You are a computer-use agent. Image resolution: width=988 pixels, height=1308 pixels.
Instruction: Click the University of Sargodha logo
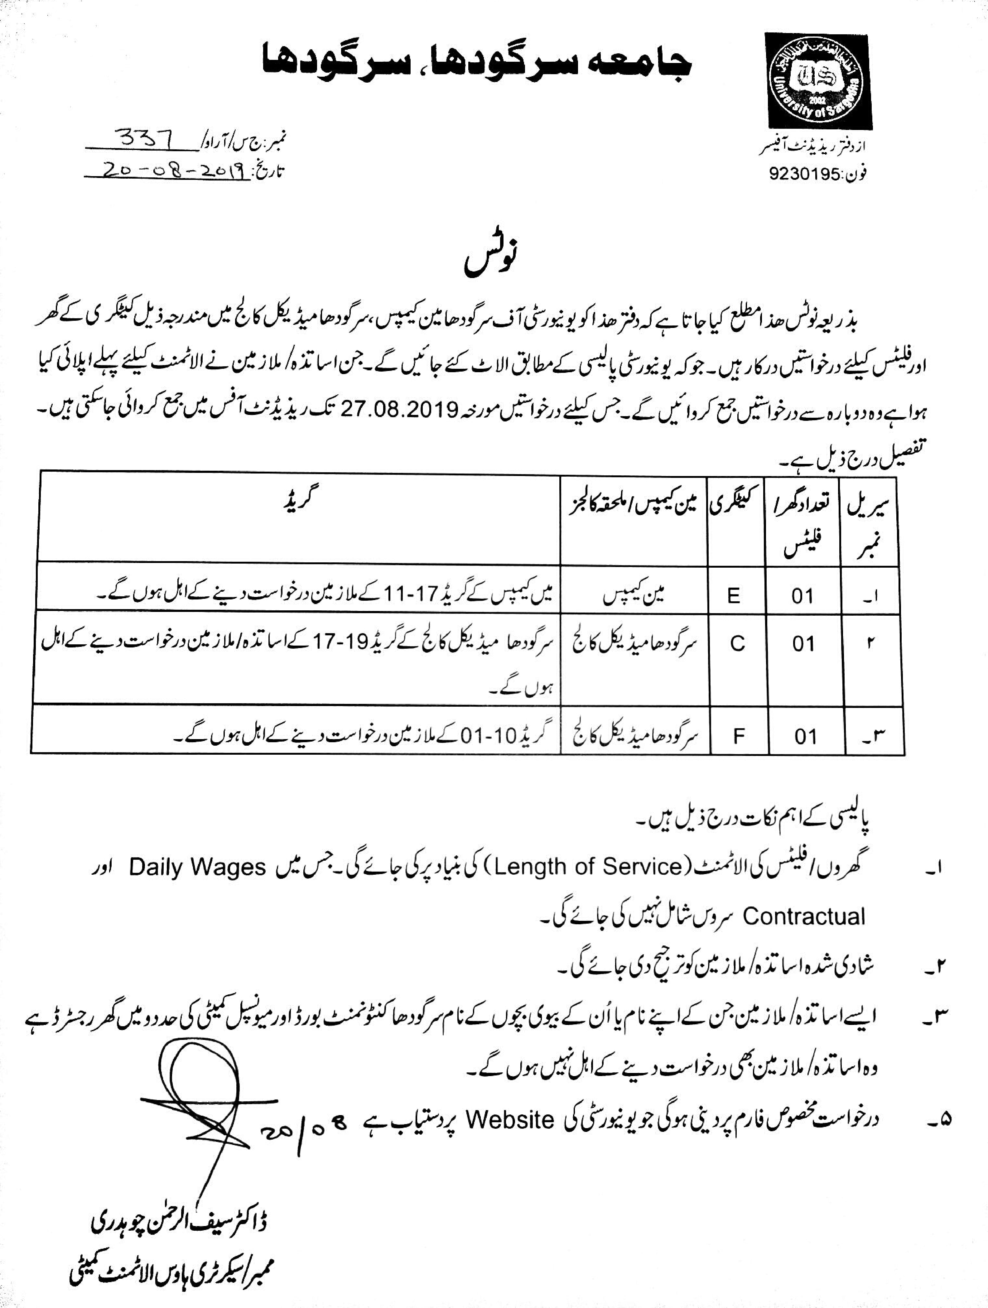tap(818, 80)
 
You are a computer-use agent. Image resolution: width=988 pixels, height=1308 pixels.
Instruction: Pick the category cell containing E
tap(734, 596)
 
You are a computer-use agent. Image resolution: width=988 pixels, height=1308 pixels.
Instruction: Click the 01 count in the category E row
tap(803, 596)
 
